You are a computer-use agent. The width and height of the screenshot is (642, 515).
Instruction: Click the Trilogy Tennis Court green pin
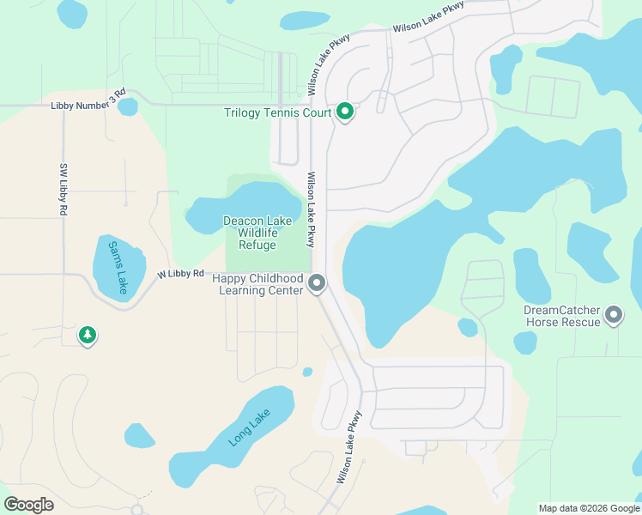point(345,112)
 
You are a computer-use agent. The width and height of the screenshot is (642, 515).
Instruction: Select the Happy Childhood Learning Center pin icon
point(318,282)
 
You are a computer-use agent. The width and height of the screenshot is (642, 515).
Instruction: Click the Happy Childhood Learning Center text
point(261,285)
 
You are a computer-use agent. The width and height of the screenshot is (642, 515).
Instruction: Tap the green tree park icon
point(87,335)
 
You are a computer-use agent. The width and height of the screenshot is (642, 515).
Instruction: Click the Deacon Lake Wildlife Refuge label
point(257,233)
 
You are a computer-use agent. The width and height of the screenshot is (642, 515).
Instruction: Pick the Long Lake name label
point(250,427)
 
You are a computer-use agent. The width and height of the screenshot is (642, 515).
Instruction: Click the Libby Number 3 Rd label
point(88,103)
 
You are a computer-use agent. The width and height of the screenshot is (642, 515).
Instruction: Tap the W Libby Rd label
point(180,274)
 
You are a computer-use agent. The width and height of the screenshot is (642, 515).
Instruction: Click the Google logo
point(28,505)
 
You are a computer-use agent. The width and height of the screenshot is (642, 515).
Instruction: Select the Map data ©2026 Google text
point(588,508)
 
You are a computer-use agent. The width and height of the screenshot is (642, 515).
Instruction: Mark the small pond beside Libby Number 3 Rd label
point(127,107)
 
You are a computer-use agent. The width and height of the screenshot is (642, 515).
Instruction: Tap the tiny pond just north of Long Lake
point(307,372)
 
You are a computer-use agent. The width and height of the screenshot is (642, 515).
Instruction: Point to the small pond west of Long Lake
point(139,435)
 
